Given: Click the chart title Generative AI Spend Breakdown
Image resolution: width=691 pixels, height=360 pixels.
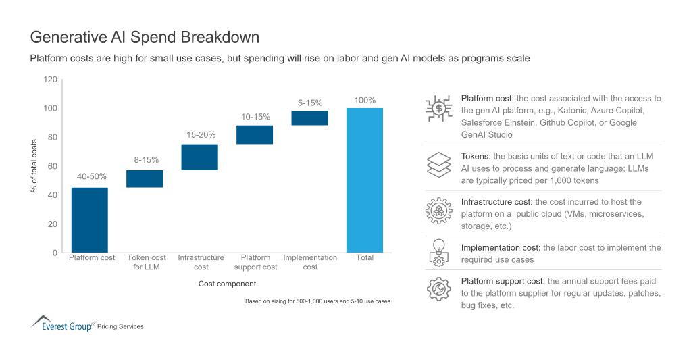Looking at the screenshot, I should point(145,36).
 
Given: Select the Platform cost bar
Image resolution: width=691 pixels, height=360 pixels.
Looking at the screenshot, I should point(89,220).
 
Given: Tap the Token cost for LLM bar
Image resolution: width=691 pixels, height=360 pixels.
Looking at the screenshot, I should point(145,178).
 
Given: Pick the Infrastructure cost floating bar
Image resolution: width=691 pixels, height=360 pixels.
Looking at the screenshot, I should point(199,157).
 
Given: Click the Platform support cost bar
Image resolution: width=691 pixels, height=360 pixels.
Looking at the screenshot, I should point(255,134).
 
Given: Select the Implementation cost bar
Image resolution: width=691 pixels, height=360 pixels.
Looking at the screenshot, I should point(310,118).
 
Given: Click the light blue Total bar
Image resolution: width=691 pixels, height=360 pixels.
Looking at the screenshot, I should point(365,180).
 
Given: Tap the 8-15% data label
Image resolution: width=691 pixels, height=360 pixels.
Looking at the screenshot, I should point(145,160).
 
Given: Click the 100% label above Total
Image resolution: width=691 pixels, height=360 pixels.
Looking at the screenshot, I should point(365,100).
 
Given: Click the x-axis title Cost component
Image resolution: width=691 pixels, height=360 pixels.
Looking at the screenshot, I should point(227,284).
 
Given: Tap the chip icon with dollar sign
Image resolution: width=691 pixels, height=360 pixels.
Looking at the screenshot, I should point(438,109).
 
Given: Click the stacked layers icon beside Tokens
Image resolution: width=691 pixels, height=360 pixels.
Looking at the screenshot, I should point(438,165).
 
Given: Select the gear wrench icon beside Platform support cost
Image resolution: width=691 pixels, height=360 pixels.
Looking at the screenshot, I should point(438,288).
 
